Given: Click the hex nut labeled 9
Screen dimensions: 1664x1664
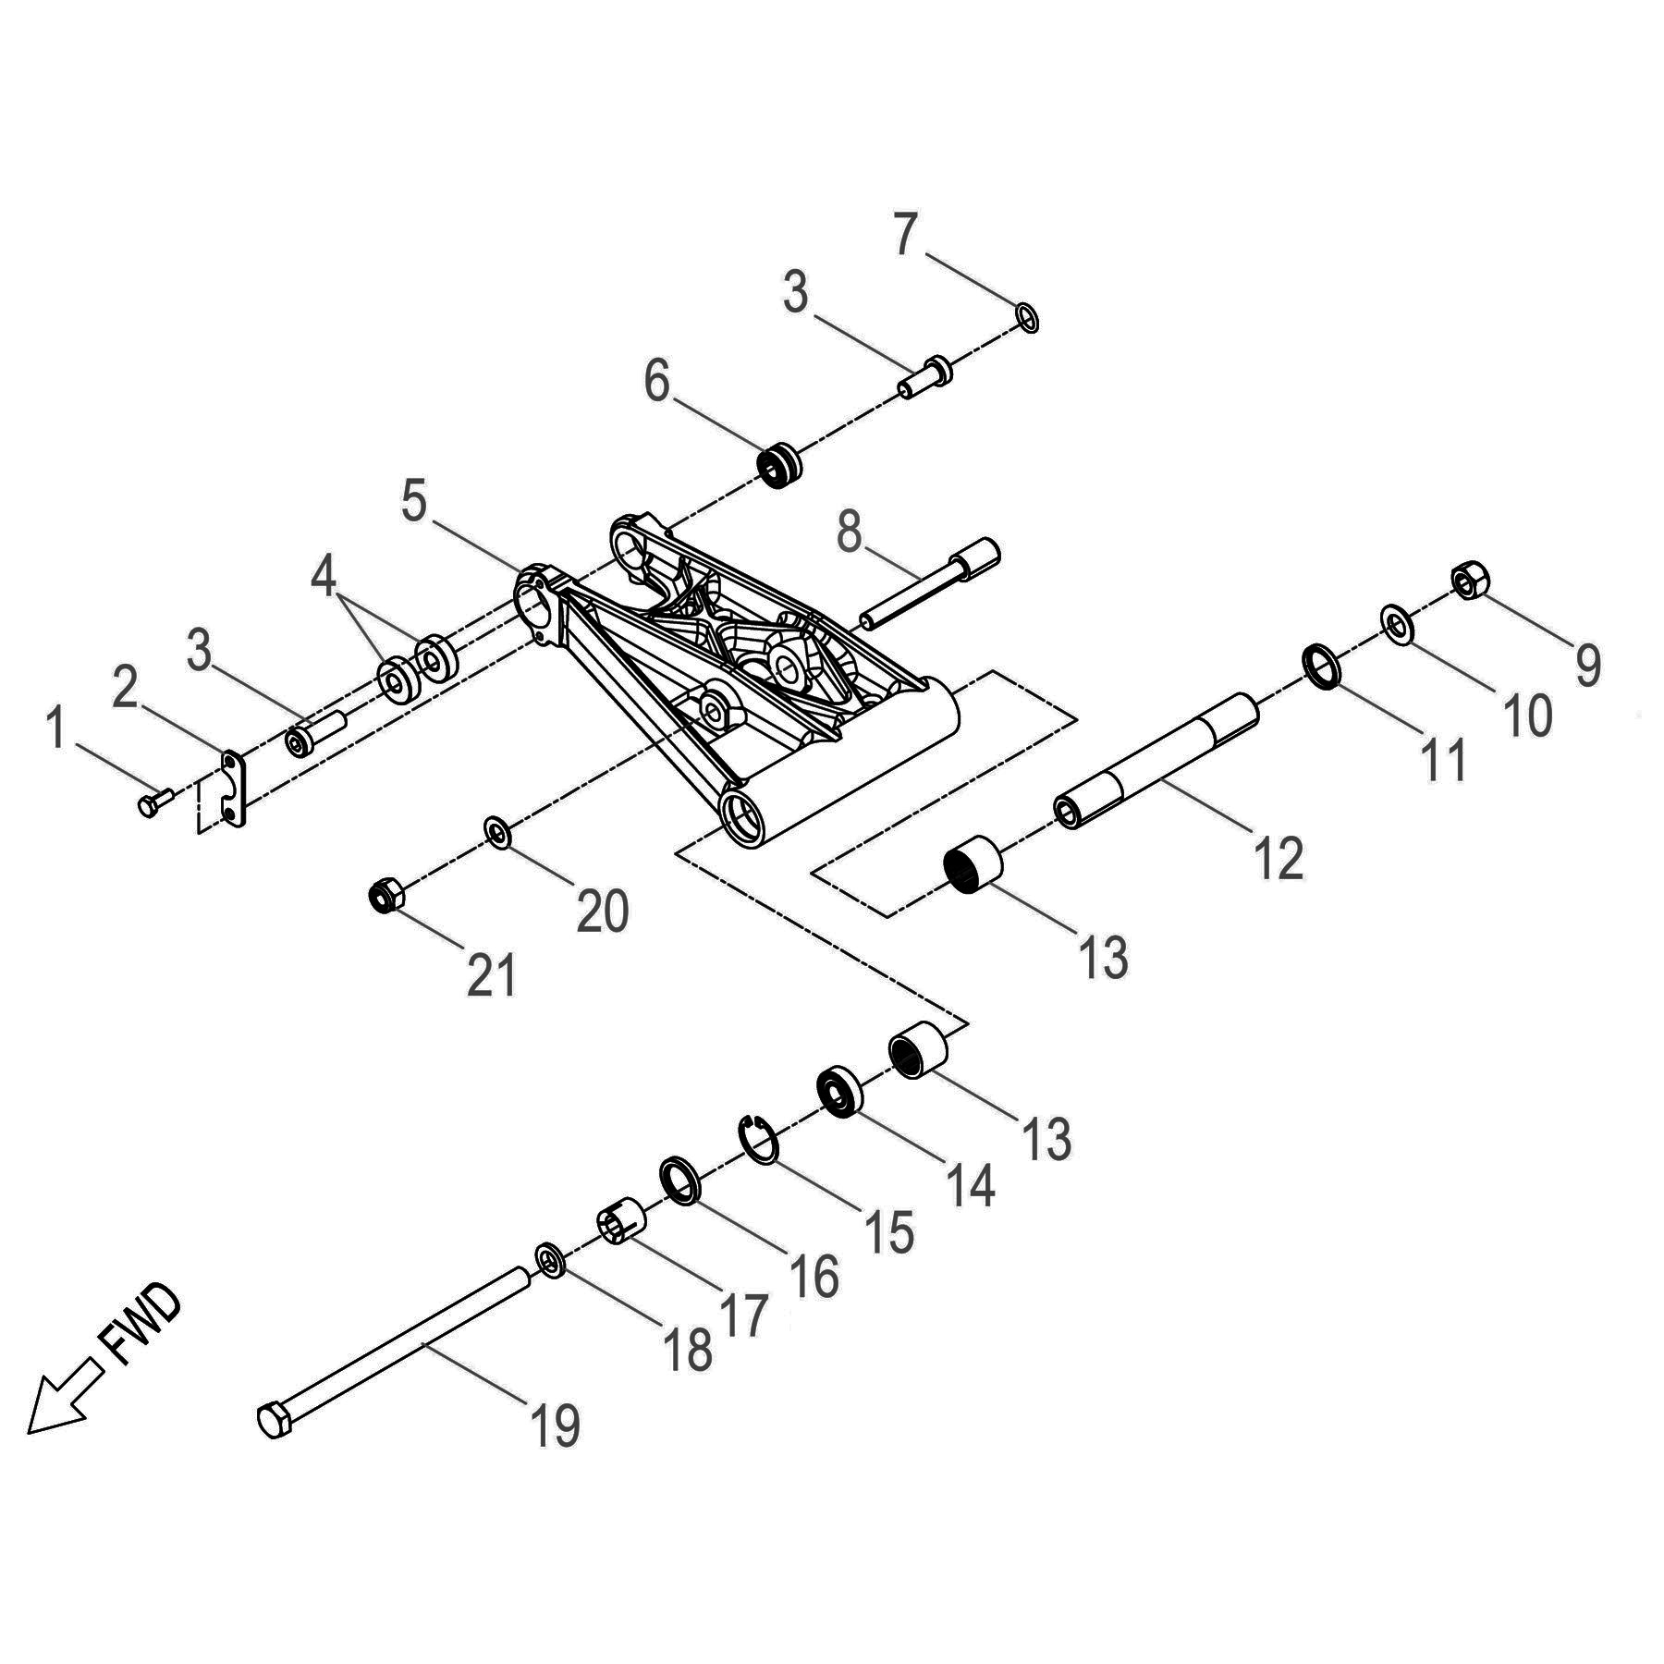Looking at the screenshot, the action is point(1469,580).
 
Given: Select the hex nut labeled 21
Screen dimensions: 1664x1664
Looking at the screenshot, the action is point(385,894).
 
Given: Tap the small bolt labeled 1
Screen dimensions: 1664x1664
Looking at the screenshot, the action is point(154,801).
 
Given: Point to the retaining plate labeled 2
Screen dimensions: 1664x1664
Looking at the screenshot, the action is point(235,789).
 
